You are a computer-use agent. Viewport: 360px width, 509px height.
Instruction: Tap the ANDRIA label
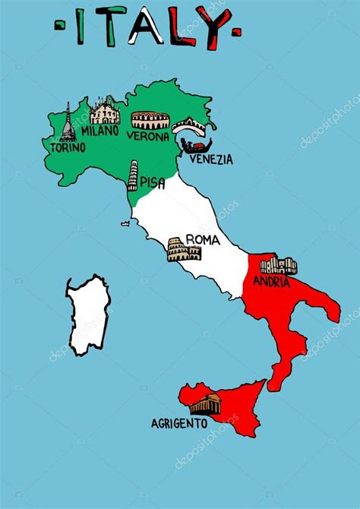coord(273,282)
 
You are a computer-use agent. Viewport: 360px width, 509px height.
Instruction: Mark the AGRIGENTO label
coord(178,422)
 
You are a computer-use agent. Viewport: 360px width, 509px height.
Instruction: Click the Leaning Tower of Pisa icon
coord(133,175)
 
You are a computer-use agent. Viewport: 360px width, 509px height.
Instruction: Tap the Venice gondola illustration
coord(194,146)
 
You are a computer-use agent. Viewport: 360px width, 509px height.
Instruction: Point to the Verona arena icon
coord(146,120)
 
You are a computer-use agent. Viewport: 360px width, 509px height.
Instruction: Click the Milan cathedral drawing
coord(105,114)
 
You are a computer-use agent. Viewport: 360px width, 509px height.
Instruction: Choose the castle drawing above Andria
coord(278,266)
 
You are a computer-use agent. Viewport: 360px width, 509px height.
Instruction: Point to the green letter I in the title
coord(81,29)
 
